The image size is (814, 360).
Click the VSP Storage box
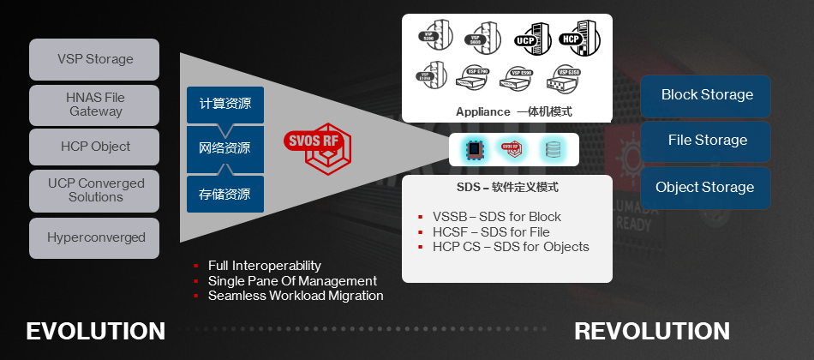pyautogui.click(x=95, y=60)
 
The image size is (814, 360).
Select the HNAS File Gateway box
pyautogui.click(x=95, y=105)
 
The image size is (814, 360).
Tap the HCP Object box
pyautogui.click(x=95, y=147)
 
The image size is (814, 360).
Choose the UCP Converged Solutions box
pyautogui.click(x=95, y=190)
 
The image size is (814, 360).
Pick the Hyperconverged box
pyautogui.click(x=95, y=237)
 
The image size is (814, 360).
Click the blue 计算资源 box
pyautogui.click(x=224, y=105)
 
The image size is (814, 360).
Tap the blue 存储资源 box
pyautogui.click(x=224, y=195)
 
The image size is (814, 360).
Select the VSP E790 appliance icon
pyautogui.click(x=476, y=78)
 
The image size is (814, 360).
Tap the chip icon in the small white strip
pyautogui.click(x=473, y=148)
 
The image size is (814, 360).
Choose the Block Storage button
pyautogui.click(x=706, y=95)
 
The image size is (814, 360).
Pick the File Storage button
pyautogui.click(x=706, y=141)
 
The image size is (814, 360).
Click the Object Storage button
pyautogui.click(x=706, y=188)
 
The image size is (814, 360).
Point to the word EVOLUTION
pyautogui.click(x=96, y=331)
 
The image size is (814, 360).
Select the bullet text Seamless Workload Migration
pyautogui.click(x=296, y=296)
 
